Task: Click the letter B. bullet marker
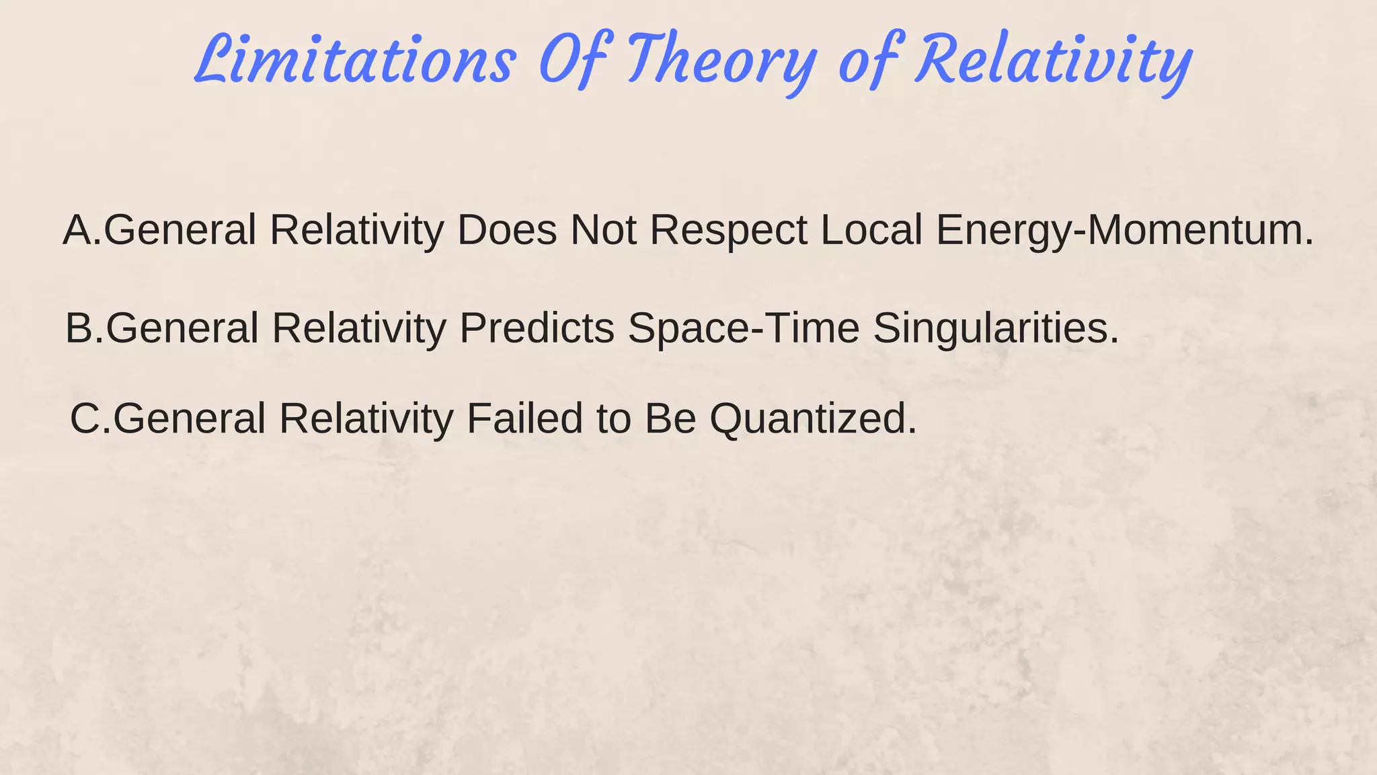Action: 85,328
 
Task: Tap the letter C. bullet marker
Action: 90,418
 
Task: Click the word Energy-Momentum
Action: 1124,230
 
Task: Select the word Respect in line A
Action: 728,230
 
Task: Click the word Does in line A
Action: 507,230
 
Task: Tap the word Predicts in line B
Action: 537,328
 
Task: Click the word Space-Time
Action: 744,328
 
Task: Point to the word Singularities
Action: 996,328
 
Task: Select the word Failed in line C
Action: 525,418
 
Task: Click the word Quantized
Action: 813,418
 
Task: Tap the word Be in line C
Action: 670,418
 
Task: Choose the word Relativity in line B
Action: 359,328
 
